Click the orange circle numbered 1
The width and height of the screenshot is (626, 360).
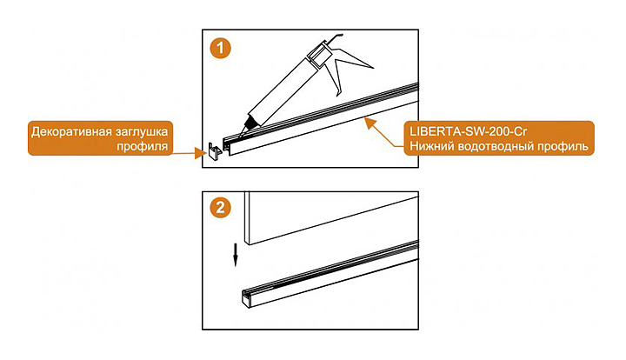220,49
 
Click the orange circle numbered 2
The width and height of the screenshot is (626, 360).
220,208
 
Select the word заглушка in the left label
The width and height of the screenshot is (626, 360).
142,132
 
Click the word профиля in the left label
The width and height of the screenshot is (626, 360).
142,146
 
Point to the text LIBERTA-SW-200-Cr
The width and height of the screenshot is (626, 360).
469,131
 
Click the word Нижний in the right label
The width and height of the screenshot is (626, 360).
431,146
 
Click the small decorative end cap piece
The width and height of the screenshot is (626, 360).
216,151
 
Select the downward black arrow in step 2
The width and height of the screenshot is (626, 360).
236,254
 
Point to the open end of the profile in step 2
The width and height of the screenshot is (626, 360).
246,298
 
